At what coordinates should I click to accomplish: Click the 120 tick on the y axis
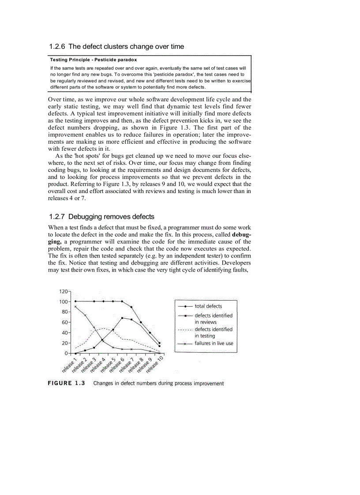click(64, 291)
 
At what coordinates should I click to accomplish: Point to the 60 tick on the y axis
click(65, 322)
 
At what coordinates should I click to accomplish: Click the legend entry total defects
click(208, 306)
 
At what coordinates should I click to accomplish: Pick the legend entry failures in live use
click(214, 343)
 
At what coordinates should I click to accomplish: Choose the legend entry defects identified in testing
click(213, 332)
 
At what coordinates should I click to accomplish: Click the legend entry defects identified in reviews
click(213, 319)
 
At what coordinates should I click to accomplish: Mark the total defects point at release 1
click(75, 301)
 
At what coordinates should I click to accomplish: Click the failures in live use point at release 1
click(75, 306)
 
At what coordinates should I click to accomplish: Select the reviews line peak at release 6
click(122, 318)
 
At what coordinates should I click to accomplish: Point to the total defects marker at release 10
click(159, 343)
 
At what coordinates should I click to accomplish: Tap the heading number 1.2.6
click(57, 46)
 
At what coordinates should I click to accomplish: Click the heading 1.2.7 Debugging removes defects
click(101, 216)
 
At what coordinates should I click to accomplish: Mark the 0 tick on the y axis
click(67, 353)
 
